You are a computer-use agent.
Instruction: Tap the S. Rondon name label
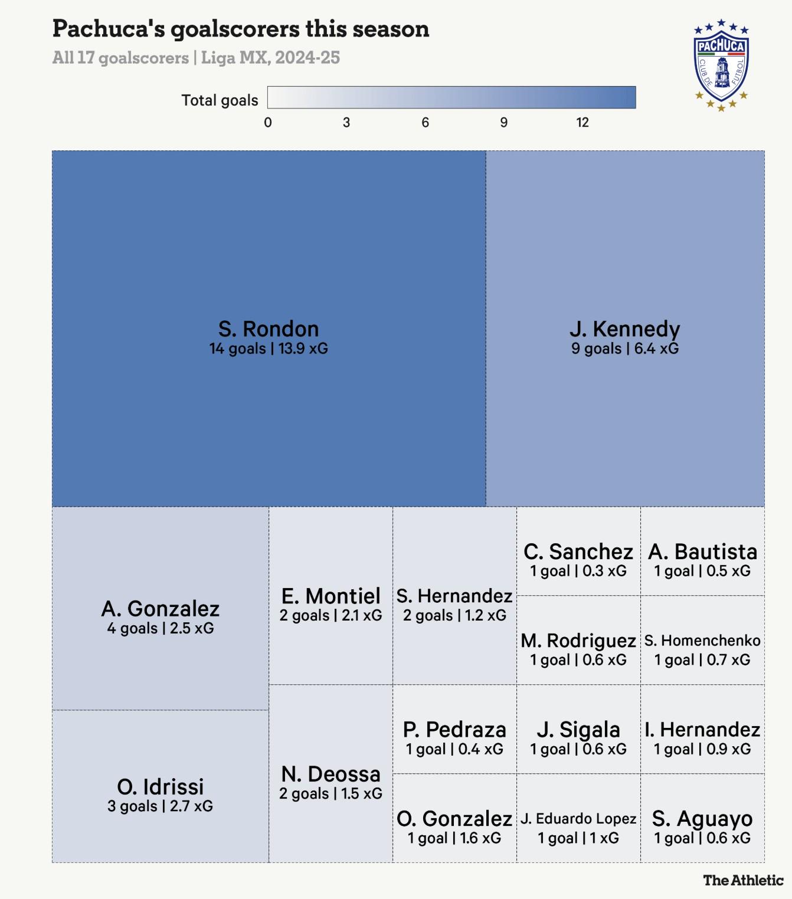269,329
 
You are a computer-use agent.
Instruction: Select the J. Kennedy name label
624,329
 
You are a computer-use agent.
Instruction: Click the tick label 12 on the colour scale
582,123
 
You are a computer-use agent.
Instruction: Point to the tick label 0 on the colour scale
268,123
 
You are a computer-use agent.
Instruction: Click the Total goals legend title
220,100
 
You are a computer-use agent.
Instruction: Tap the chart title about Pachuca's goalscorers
241,29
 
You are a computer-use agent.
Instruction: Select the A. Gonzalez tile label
161,609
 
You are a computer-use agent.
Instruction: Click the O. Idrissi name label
161,787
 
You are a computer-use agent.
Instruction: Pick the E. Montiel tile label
330,596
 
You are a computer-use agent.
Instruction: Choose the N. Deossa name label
330,775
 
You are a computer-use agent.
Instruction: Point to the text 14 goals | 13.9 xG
269,349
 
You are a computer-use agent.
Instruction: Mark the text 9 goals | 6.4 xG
624,349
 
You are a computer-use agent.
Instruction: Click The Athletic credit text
743,881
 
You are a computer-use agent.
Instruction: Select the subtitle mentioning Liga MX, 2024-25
196,58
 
